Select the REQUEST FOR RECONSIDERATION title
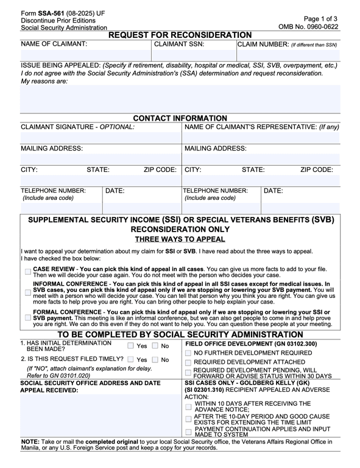pos(180,35)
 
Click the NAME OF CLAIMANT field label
pos(54,44)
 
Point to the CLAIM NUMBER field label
pos(286,44)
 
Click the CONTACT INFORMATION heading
pos(180,118)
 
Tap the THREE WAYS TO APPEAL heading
pos(180,239)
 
